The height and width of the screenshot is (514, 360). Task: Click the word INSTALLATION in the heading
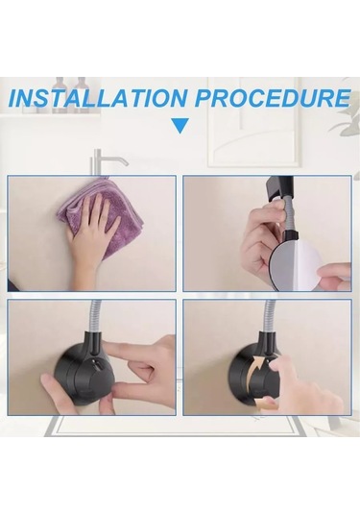pyautogui.click(x=97, y=98)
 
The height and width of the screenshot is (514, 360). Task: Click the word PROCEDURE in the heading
pyautogui.click(x=275, y=98)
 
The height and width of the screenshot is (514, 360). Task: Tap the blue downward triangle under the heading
pyautogui.click(x=180, y=126)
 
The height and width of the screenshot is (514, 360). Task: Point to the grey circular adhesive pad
pyautogui.click(x=288, y=265)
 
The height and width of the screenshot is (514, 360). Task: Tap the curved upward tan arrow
pyautogui.click(x=260, y=374)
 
